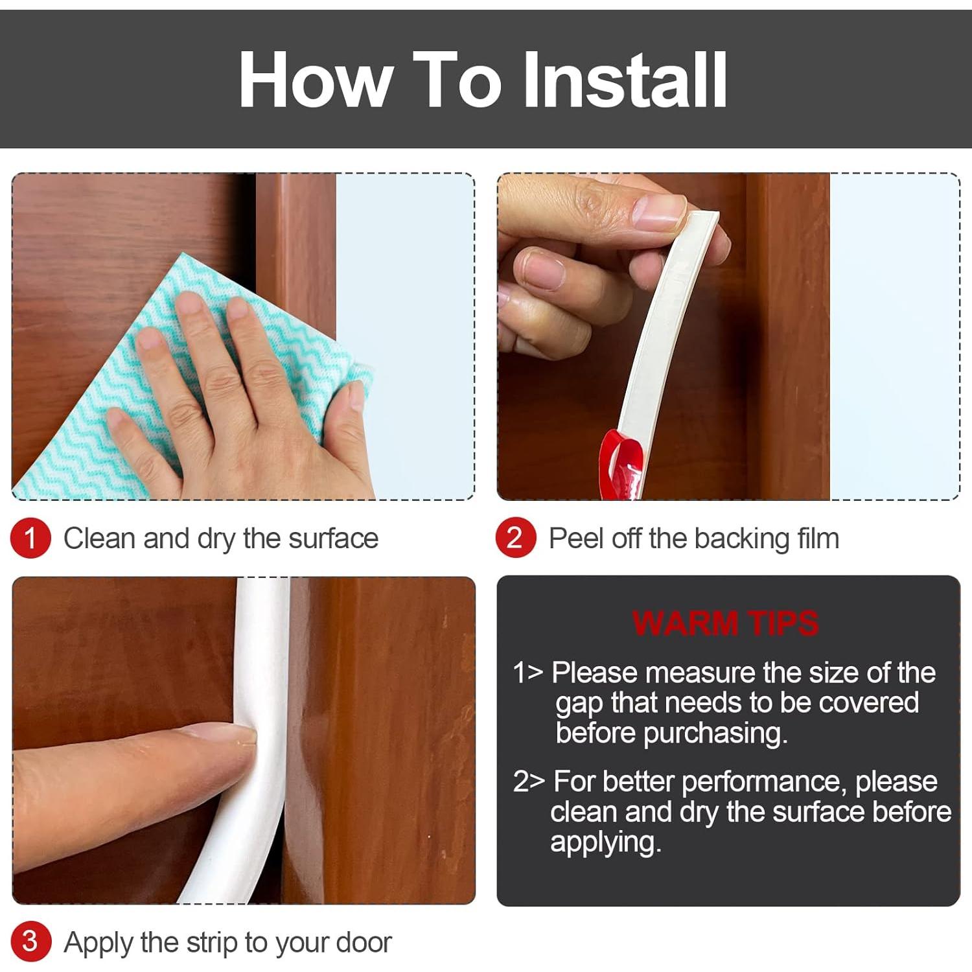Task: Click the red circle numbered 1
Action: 30,538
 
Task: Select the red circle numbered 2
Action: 515,538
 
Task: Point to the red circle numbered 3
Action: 30,942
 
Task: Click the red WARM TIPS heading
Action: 726,623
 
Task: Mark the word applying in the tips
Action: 605,843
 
